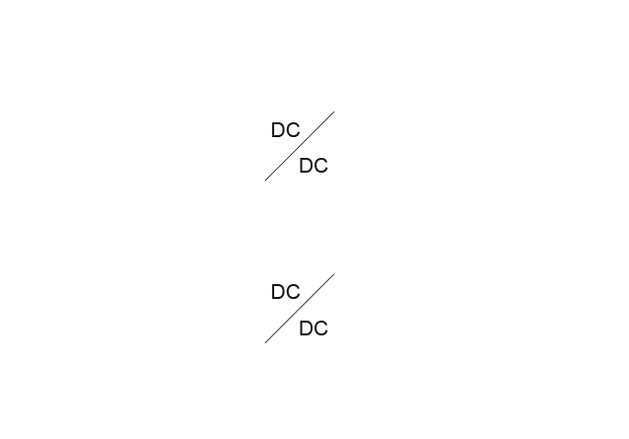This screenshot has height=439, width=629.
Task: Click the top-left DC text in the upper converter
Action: click(285, 129)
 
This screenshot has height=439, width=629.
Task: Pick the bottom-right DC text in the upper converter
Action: click(314, 165)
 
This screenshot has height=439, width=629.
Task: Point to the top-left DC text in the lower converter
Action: click(285, 292)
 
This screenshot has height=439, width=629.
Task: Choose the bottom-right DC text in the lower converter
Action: click(314, 328)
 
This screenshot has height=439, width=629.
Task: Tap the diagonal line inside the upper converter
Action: click(299, 147)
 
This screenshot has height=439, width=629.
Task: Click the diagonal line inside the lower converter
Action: click(299, 310)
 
